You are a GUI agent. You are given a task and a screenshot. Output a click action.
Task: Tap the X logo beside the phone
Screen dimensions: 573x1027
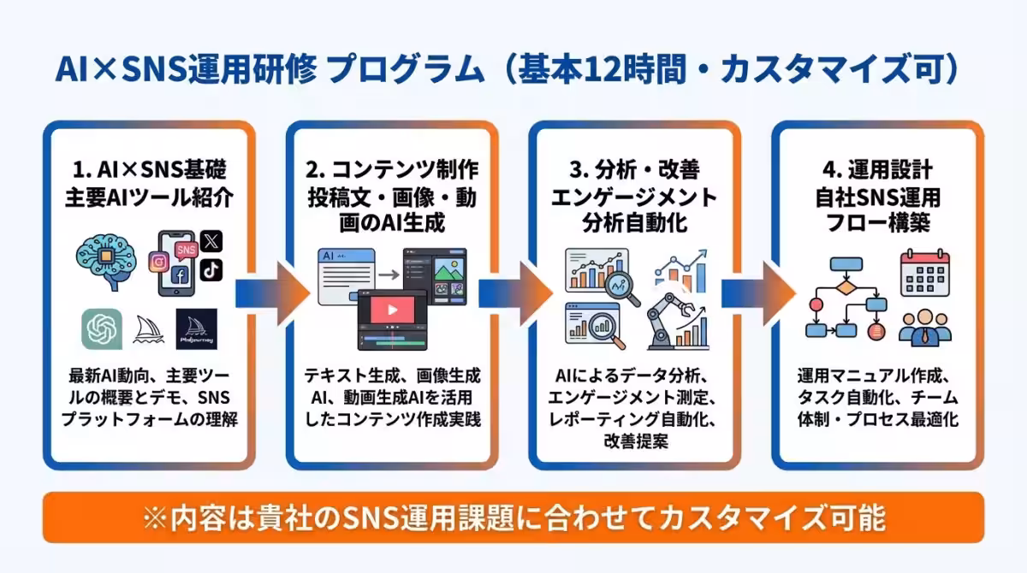[211, 242]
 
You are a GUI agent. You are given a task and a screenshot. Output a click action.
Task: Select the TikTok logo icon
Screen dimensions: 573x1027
[211, 269]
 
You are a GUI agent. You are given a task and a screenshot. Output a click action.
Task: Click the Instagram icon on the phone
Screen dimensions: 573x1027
[158, 262]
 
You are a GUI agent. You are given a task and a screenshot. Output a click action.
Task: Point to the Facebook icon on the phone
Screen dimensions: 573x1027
[180, 275]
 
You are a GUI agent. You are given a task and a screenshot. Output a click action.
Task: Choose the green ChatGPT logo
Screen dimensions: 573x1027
[102, 328]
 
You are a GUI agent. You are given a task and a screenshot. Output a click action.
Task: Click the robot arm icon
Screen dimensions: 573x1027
[665, 321]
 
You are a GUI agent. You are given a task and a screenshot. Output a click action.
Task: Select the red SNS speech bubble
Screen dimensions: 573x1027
[185, 249]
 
